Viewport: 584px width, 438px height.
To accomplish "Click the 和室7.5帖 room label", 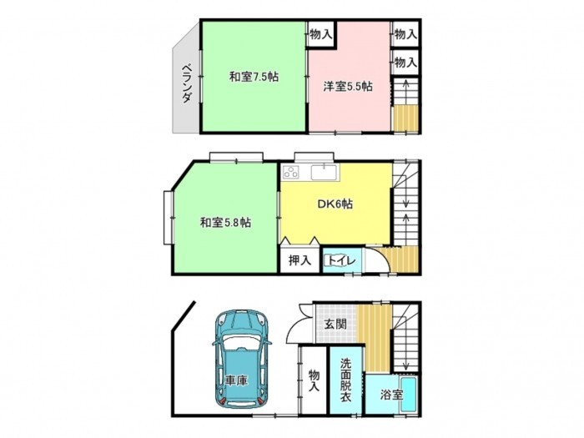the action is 254,77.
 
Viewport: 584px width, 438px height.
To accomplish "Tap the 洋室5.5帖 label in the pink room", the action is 348,87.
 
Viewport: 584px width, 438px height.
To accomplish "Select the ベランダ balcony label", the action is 188,83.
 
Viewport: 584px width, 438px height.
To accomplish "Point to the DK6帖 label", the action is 335,204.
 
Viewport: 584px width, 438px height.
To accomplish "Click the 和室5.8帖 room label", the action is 225,223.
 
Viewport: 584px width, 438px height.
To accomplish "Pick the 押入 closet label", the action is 300,260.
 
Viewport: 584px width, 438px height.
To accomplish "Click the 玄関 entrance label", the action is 335,324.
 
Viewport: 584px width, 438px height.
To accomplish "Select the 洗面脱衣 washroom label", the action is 346,380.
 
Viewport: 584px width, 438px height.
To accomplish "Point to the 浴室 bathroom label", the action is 392,395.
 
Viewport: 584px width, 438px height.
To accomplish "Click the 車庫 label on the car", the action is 237,380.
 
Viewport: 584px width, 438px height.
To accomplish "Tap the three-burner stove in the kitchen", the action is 291,172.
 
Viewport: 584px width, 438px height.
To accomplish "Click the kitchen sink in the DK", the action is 324,172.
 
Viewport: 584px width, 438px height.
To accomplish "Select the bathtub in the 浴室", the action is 409,394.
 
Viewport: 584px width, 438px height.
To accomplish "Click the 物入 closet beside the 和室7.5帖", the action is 320,35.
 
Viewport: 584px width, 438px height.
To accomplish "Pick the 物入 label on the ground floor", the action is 314,380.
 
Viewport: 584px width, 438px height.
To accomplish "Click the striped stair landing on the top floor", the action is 406,118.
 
